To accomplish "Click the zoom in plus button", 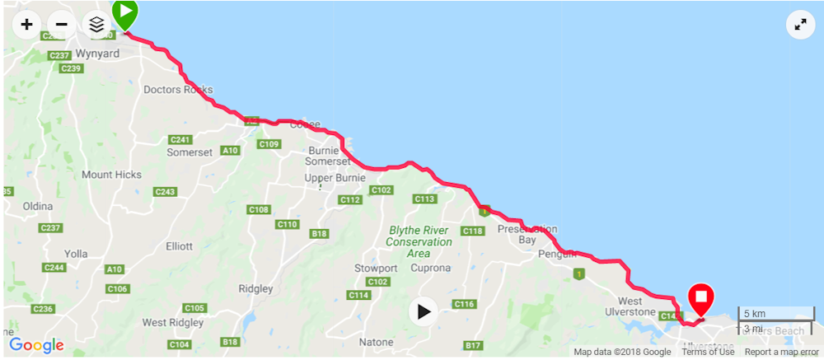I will tap(26, 25).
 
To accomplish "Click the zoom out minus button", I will tap(61, 25).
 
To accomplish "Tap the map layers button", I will tap(96, 25).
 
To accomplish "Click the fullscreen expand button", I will tap(799, 25).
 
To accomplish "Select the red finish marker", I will tap(701, 298).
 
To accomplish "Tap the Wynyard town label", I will tap(97, 54).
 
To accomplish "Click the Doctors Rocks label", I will tap(178, 89).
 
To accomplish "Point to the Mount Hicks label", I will tap(111, 175).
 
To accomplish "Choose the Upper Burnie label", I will tap(329, 178).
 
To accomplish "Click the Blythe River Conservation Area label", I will tap(419, 242).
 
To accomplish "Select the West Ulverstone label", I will tap(636, 307).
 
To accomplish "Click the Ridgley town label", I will tap(255, 289).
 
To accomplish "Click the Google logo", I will tap(36, 345).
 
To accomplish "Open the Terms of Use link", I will tap(708, 352).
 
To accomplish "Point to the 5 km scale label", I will tap(755, 314).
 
